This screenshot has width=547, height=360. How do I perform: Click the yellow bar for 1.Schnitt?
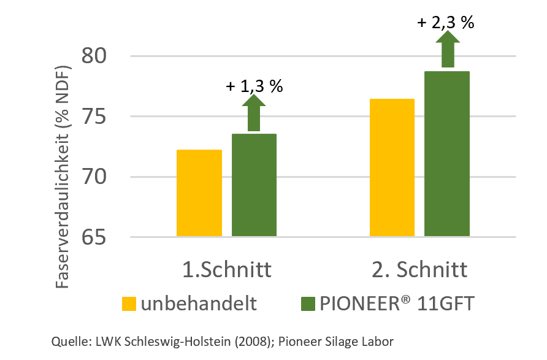pyautogui.click(x=199, y=193)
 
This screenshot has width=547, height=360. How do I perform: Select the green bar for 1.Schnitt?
pyautogui.click(x=254, y=185)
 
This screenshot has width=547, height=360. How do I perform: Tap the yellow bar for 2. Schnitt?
pyautogui.click(x=392, y=167)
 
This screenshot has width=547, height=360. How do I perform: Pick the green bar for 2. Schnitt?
pyautogui.click(x=447, y=154)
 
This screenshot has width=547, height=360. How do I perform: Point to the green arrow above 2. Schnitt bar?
pyautogui.click(x=448, y=48)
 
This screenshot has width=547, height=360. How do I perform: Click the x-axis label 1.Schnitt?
pyautogui.click(x=227, y=270)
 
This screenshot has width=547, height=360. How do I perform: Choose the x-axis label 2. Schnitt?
pyautogui.click(x=421, y=270)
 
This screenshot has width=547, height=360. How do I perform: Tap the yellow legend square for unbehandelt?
pyautogui.click(x=129, y=304)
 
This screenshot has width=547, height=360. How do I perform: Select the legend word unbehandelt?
pyautogui.click(x=198, y=304)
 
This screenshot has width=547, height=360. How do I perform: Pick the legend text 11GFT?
pyautogui.click(x=446, y=304)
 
